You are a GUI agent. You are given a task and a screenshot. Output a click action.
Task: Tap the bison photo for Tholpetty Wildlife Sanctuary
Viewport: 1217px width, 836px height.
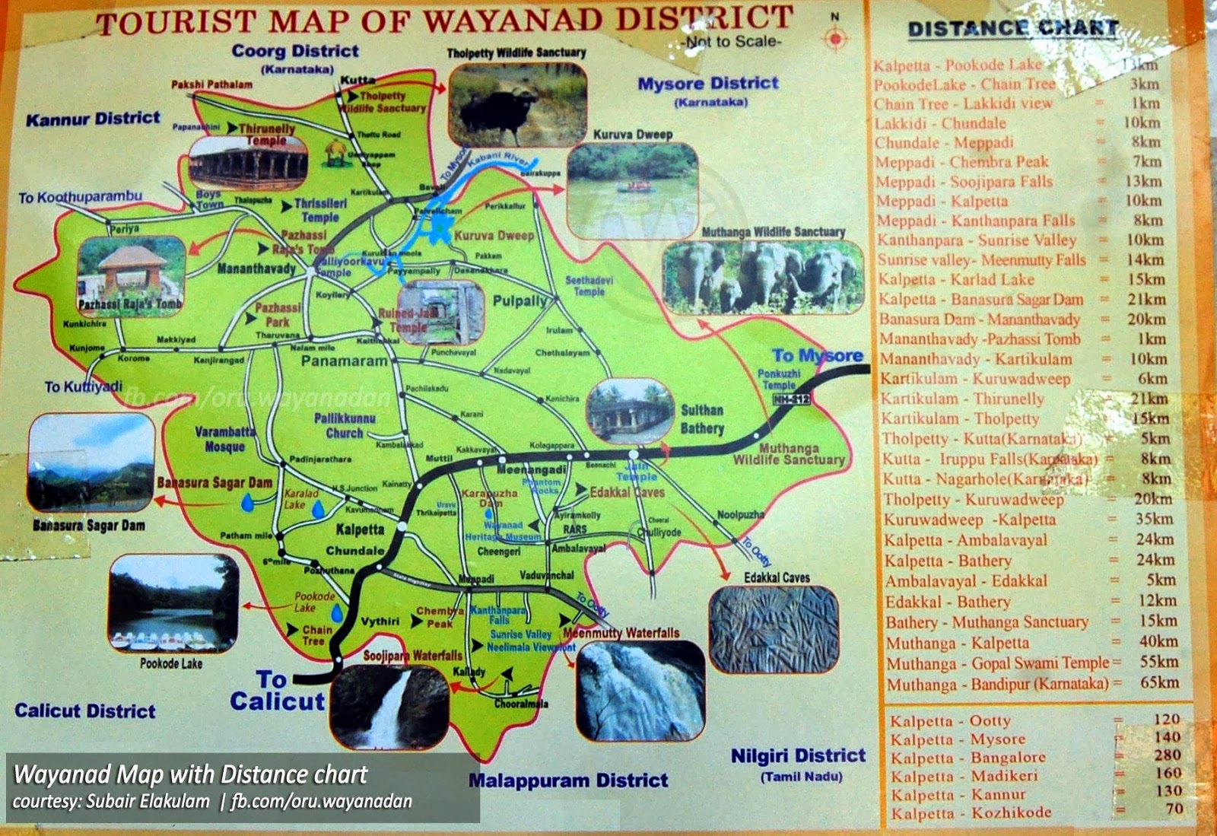(517, 106)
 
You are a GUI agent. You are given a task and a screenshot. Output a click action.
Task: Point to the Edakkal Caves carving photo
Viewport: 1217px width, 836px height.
(774, 629)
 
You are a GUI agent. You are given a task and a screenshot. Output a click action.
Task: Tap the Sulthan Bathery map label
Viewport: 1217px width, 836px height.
(701, 419)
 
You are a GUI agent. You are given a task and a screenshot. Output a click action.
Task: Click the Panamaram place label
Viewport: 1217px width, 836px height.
(344, 361)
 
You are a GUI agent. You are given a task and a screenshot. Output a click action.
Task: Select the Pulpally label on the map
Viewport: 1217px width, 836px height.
(520, 300)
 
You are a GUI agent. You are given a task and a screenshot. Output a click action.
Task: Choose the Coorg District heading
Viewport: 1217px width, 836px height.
(295, 52)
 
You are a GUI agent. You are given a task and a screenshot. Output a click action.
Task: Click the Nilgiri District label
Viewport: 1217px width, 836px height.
(798, 756)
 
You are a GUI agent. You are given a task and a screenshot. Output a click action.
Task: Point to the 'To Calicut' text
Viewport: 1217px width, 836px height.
(277, 691)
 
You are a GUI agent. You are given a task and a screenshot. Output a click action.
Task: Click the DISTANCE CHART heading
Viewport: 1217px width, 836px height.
(1013, 29)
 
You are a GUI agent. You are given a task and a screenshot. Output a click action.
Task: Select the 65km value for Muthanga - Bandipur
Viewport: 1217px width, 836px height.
(1158, 682)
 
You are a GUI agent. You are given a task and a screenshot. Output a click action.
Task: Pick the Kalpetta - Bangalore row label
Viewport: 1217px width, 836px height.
(968, 758)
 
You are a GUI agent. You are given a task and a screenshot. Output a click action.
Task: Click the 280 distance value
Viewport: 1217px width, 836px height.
(1167, 755)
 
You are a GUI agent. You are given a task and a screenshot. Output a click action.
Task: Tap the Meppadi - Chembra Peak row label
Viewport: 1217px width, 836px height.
(961, 162)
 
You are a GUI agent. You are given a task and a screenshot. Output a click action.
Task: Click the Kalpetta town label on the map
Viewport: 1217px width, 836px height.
(360, 529)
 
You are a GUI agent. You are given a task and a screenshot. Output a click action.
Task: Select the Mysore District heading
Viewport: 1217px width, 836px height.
(707, 84)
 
